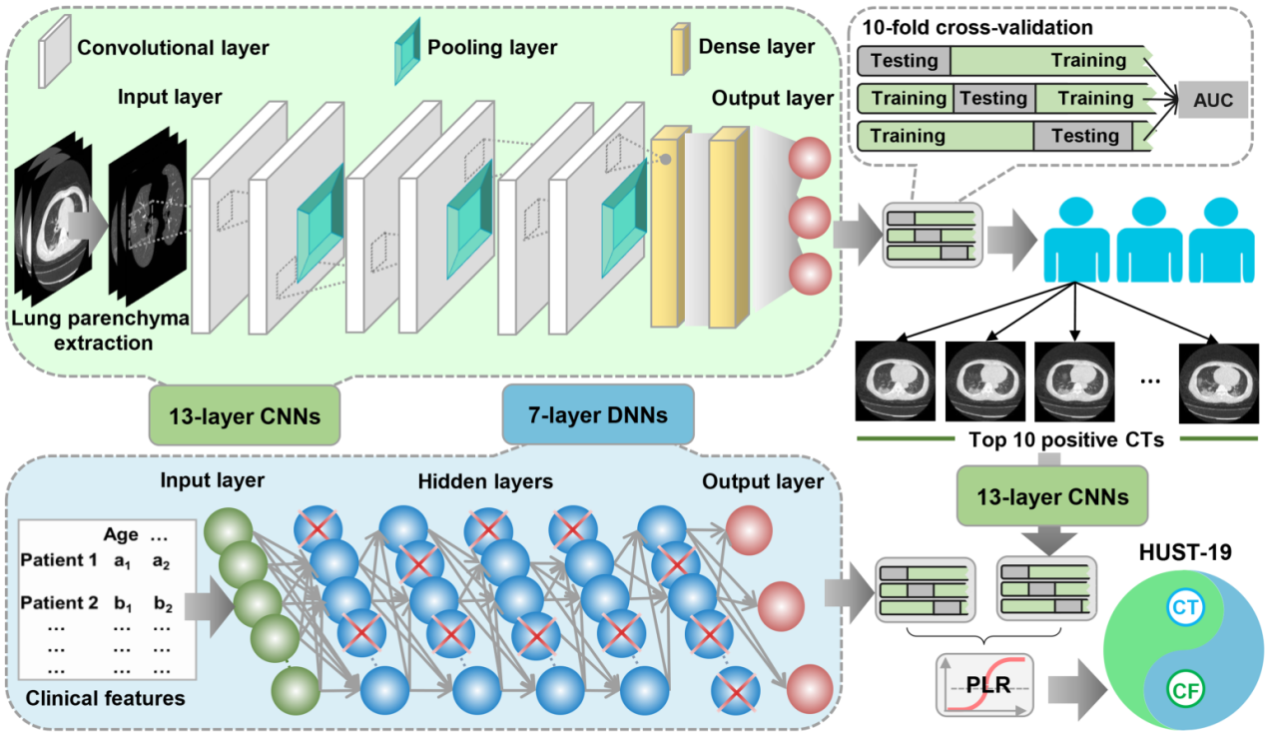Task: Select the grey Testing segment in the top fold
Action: point(904,61)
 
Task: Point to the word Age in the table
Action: point(121,534)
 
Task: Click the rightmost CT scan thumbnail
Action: point(1217,380)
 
